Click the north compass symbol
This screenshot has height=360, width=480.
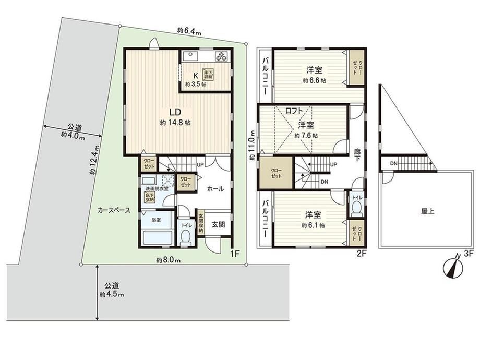(453, 268)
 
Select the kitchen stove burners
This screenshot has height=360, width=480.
(222, 56)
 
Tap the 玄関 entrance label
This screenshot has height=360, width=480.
(219, 224)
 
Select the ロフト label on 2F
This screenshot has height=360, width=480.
(294, 111)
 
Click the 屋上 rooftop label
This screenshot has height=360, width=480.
(428, 211)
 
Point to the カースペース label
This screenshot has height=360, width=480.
(114, 210)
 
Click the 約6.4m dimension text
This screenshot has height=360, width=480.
(189, 31)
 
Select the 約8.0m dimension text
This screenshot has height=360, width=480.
(168, 260)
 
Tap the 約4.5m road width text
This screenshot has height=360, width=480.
(112, 295)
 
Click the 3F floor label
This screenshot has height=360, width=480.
(469, 253)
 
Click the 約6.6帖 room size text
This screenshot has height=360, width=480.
(315, 81)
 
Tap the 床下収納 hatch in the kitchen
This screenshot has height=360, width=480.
(209, 75)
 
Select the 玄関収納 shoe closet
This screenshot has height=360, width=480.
(200, 224)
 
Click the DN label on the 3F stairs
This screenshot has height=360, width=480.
(394, 164)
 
